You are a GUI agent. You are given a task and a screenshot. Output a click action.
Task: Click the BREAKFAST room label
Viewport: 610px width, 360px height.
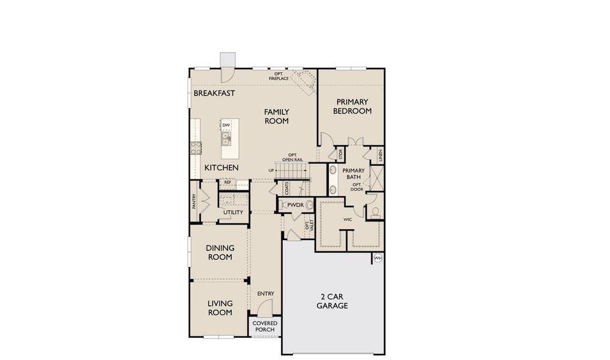[214, 94]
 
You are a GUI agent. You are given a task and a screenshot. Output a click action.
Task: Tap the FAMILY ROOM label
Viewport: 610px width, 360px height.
[277, 116]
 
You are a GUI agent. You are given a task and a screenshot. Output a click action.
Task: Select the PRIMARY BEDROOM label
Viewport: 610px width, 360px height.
[352, 107]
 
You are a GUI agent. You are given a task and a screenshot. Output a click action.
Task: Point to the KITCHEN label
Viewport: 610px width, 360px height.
[222, 168]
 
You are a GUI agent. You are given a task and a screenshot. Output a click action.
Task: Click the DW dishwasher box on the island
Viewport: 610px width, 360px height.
[226, 125]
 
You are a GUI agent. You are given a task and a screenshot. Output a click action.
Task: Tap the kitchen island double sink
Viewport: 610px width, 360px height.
[226, 139]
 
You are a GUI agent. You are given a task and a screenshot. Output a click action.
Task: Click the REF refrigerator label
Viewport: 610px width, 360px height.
[228, 182]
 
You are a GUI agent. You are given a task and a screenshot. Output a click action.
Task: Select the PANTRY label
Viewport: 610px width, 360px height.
[195, 201]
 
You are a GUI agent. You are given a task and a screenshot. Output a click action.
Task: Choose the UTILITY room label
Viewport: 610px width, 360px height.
[233, 212]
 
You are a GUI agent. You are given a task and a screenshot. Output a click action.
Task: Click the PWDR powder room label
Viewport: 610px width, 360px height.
[295, 205]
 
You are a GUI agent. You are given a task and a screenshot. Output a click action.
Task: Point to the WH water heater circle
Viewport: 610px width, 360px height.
[378, 258]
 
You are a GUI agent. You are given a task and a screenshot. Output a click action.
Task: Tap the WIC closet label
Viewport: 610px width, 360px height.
[347, 220]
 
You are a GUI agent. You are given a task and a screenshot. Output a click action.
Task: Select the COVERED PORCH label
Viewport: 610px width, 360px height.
[264, 326]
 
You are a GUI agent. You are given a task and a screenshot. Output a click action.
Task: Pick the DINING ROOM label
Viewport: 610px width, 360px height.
[220, 253]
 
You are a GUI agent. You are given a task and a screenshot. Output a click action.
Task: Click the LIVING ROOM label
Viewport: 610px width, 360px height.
[220, 308]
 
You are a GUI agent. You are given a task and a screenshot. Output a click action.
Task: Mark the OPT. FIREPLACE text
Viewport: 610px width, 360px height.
[279, 76]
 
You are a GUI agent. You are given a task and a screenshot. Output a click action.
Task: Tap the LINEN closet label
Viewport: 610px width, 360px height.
[381, 155]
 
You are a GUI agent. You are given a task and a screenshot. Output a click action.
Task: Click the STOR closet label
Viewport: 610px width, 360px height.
[340, 155]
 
